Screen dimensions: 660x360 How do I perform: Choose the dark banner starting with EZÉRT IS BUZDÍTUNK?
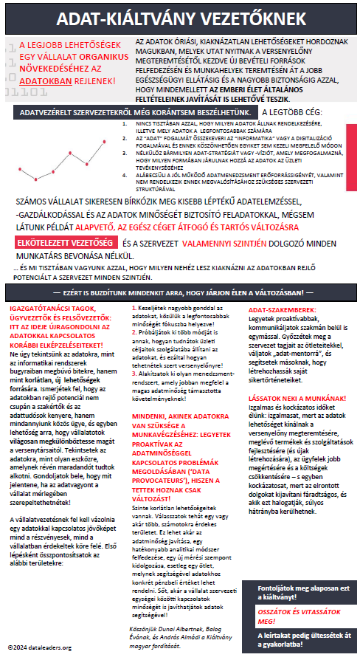(179, 293)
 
